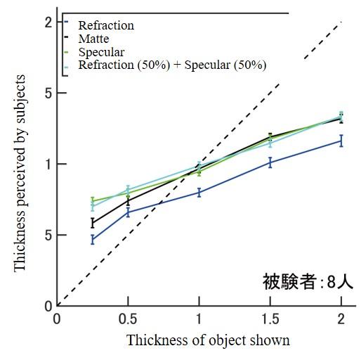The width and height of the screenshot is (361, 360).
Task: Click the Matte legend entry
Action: [93, 39]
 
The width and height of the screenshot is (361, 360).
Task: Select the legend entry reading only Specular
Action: [101, 52]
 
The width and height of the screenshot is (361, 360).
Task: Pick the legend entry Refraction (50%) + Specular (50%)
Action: [172, 65]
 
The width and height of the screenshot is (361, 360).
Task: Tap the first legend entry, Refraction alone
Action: [105, 26]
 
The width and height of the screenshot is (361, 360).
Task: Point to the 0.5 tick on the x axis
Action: [128, 318]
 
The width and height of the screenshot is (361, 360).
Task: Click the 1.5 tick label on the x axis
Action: [270, 318]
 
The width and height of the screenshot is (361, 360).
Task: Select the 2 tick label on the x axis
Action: [341, 318]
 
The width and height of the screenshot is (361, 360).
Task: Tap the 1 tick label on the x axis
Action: [199, 318]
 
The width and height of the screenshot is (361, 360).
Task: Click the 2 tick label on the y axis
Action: [48, 22]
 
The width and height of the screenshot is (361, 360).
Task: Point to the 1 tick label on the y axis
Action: [48, 164]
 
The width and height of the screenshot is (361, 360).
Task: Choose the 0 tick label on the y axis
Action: [48, 306]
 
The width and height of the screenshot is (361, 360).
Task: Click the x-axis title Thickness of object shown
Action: [208, 340]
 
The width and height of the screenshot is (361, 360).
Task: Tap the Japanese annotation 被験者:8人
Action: [307, 283]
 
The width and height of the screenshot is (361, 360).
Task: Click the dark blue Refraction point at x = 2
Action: [341, 141]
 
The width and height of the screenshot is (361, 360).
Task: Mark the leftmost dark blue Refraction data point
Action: [93, 240]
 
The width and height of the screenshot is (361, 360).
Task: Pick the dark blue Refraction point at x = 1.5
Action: [270, 162]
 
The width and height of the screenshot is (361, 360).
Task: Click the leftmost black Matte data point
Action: [93, 223]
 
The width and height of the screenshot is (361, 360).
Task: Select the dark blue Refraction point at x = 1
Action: [199, 192]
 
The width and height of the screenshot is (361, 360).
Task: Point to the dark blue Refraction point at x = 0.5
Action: [128, 212]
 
